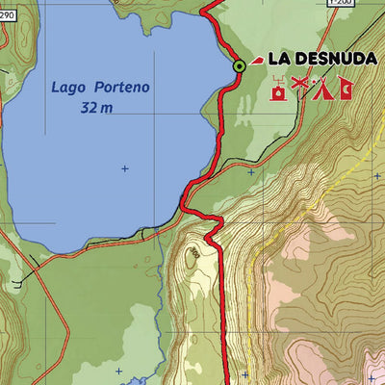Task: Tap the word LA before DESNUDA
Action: pyautogui.click(x=279, y=59)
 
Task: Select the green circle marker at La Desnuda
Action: pyautogui.click(x=239, y=65)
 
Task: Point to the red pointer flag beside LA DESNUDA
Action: pyautogui.click(x=257, y=61)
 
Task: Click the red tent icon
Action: pyautogui.click(x=322, y=91)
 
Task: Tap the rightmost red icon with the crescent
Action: pyautogui.click(x=343, y=91)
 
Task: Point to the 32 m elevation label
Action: pyautogui.click(x=96, y=109)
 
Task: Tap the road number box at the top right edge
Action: pyautogui.click(x=341, y=3)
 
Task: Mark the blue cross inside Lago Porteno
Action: pyautogui.click(x=124, y=169)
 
